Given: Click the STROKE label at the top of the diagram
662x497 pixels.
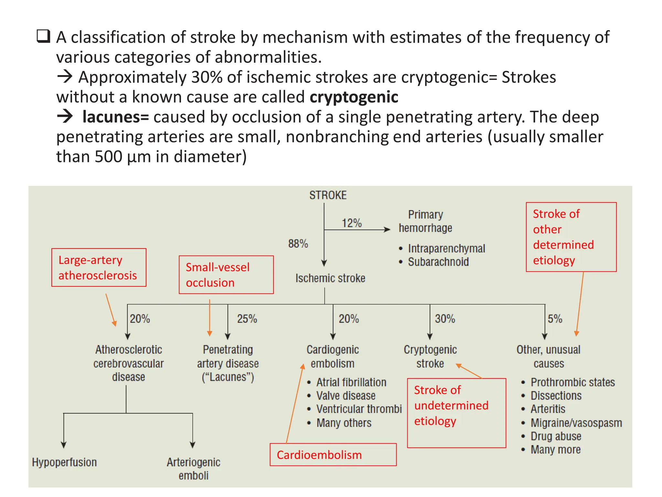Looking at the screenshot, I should coord(328,195).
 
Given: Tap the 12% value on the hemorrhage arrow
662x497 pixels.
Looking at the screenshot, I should coord(352,223).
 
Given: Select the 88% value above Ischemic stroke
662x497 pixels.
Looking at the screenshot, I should coord(298,243).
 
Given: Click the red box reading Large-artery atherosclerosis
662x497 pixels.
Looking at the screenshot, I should coord(99,267).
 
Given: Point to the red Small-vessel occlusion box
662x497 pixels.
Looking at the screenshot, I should coord(226,275).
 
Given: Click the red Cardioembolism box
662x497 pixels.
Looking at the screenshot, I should coord(333,455).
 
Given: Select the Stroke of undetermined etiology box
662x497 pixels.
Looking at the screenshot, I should coord(456,413).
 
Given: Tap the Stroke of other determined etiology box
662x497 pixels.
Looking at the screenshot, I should coord(571,237).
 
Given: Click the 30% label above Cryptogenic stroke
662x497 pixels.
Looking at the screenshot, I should coord(445,319).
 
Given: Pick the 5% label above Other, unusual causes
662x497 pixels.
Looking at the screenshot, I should coord(555,319).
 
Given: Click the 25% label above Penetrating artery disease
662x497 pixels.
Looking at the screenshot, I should coord(247,319).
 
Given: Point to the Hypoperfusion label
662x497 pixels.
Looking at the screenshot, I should coord(64,462).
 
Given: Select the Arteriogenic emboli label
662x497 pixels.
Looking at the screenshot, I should coord(193,469).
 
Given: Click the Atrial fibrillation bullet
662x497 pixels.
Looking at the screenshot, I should coord(351,382).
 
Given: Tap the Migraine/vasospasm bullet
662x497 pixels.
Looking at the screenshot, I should coord(576,423).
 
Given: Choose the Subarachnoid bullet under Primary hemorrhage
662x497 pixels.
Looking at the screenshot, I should coord(438,262).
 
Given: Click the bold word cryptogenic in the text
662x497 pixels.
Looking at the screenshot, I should coord(354,97).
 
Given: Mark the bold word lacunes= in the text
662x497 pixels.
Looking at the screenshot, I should coord(115,117).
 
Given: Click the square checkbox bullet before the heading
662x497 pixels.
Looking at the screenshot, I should coord(43,36).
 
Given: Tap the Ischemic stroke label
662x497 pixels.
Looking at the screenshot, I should coord(330,278).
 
